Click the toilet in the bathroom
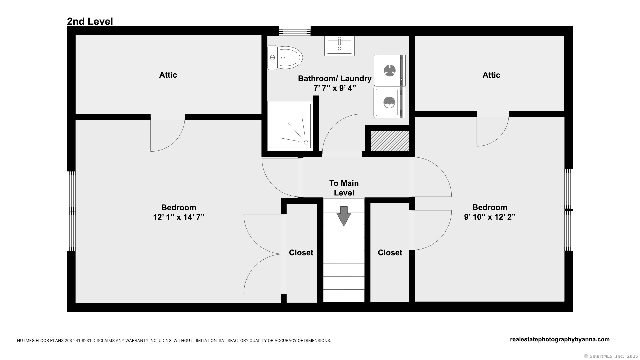285,58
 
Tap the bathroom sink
339,46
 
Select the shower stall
290,126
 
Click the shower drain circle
306,143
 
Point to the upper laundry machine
389,70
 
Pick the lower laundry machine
389,103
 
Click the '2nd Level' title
90,21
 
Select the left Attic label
168,75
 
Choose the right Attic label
491,75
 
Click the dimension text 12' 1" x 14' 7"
179,217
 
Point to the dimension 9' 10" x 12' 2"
490,217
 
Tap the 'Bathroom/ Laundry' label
335,79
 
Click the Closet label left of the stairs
301,253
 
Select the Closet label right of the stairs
390,253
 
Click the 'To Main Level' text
344,188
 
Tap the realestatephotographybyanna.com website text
560,339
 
